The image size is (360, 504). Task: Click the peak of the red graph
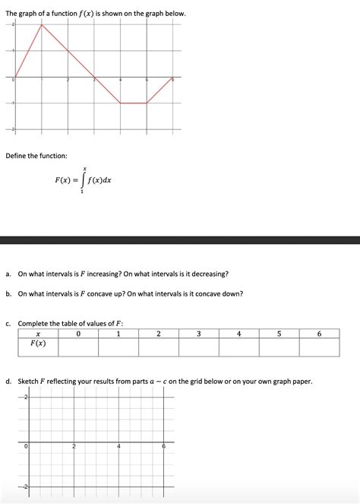41,24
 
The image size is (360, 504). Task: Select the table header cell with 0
78,333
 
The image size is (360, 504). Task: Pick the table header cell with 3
198,333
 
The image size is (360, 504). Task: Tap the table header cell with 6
319,333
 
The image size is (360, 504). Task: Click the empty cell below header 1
118,347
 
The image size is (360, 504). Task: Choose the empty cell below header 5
279,347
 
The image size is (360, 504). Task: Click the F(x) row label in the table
38,344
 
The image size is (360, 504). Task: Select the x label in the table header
38,333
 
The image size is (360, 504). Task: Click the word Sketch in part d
30,381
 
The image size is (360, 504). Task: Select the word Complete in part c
35,323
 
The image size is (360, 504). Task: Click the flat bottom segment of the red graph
133,103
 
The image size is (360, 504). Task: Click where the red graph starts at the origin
15,77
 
